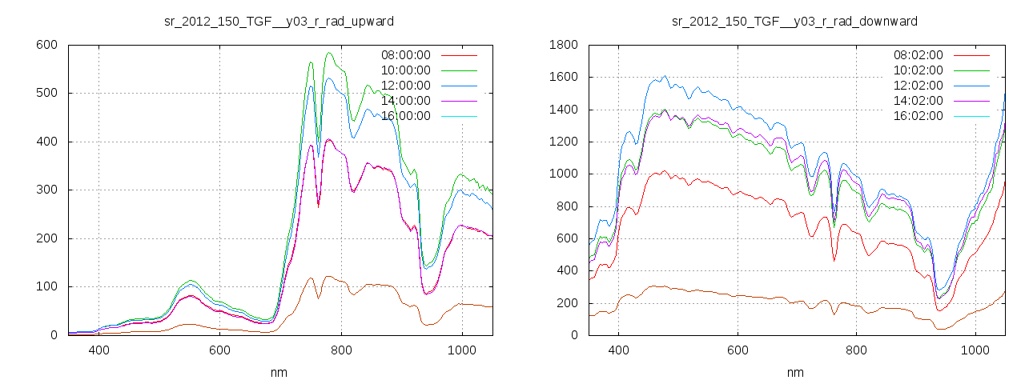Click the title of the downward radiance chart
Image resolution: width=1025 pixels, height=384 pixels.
coord(794,21)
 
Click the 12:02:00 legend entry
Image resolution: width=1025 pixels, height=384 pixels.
coord(918,86)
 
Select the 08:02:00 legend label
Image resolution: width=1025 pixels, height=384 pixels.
coord(918,55)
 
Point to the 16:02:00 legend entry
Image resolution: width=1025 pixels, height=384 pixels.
coord(918,116)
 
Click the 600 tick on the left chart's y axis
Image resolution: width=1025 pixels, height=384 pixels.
coord(46,45)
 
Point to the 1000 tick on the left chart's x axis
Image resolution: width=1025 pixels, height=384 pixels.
coord(462,350)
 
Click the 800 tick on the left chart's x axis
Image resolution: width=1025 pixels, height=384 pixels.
coord(341,350)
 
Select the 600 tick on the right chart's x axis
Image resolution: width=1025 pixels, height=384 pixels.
coord(738,350)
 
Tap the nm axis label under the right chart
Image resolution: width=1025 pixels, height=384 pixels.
coord(795,372)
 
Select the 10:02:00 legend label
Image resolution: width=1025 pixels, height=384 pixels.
coord(918,70)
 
